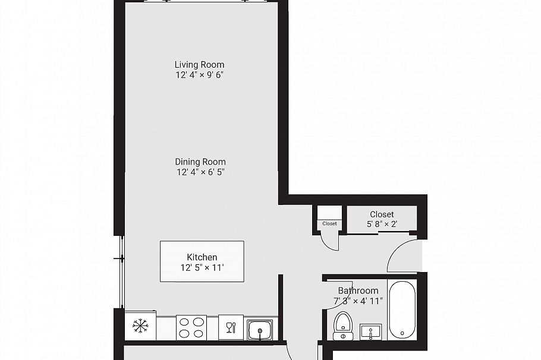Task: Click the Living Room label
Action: [199, 65]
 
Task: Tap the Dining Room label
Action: [200, 162]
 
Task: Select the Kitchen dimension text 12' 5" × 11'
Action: [202, 267]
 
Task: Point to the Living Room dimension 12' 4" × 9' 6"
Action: [199, 75]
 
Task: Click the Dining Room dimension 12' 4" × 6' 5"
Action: [200, 172]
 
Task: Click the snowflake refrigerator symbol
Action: [140, 326]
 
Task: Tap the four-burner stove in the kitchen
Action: [191, 327]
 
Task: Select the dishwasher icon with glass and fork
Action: [231, 327]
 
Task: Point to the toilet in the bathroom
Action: [343, 326]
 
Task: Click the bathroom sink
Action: [371, 331]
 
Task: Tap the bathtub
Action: [402, 308]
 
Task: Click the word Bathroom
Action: [358, 290]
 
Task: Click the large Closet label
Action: [382, 214]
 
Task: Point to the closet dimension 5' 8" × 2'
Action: [382, 225]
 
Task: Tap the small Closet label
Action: [329, 224]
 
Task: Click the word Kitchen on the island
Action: [202, 257]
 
